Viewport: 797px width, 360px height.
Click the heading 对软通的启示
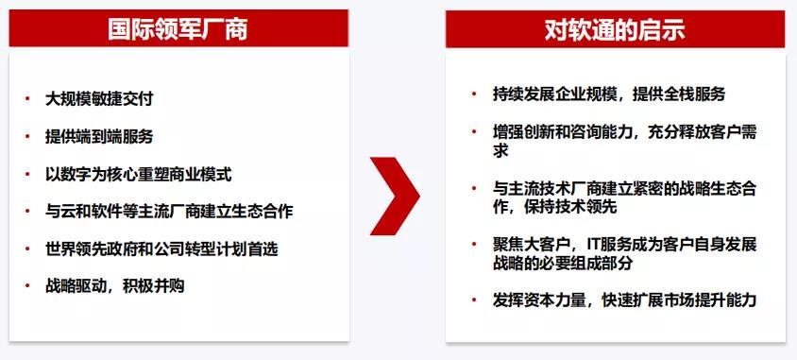pos(614,29)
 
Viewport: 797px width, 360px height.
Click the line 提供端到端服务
pos(99,135)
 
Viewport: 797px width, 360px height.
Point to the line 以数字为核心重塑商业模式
pos(138,174)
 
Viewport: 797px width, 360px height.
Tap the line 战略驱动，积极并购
pos(114,285)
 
